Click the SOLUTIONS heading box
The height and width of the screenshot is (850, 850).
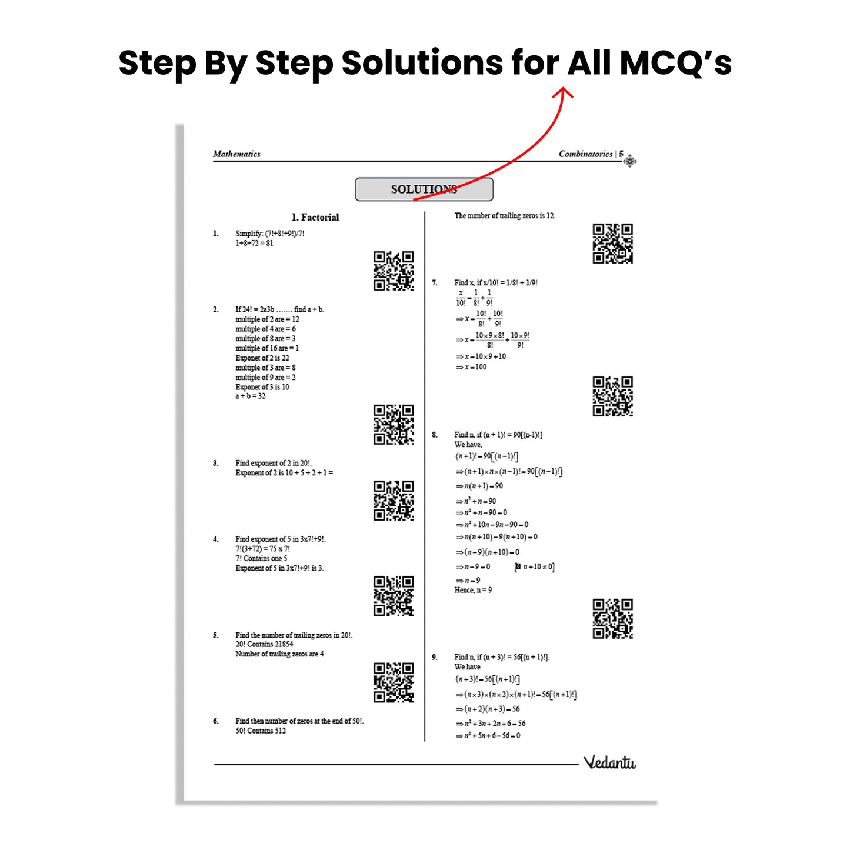click(x=424, y=189)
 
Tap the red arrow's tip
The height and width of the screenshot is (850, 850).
click(x=564, y=89)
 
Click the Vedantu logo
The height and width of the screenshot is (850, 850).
click(x=609, y=762)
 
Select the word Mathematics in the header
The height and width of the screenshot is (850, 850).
click(x=236, y=154)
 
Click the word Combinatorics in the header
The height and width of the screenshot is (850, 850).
click(x=585, y=154)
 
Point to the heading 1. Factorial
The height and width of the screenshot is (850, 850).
click(x=315, y=217)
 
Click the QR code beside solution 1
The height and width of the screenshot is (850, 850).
click(x=394, y=271)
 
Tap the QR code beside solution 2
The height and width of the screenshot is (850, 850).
click(x=394, y=424)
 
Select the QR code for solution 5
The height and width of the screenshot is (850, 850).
click(x=394, y=682)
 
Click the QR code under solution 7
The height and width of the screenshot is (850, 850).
click(x=612, y=396)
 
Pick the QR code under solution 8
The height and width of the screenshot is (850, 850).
click(x=612, y=619)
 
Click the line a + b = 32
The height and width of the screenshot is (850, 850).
click(x=251, y=396)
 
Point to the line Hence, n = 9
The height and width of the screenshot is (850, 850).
click(x=473, y=590)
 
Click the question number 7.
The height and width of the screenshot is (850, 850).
click(x=435, y=283)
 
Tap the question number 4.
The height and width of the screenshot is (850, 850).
click(x=216, y=539)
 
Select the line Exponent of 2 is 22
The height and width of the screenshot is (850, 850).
click(x=262, y=358)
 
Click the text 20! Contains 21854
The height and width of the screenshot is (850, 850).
click(x=264, y=644)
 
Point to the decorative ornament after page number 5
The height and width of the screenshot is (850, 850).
click(x=630, y=161)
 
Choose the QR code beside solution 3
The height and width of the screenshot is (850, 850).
click(x=394, y=501)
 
